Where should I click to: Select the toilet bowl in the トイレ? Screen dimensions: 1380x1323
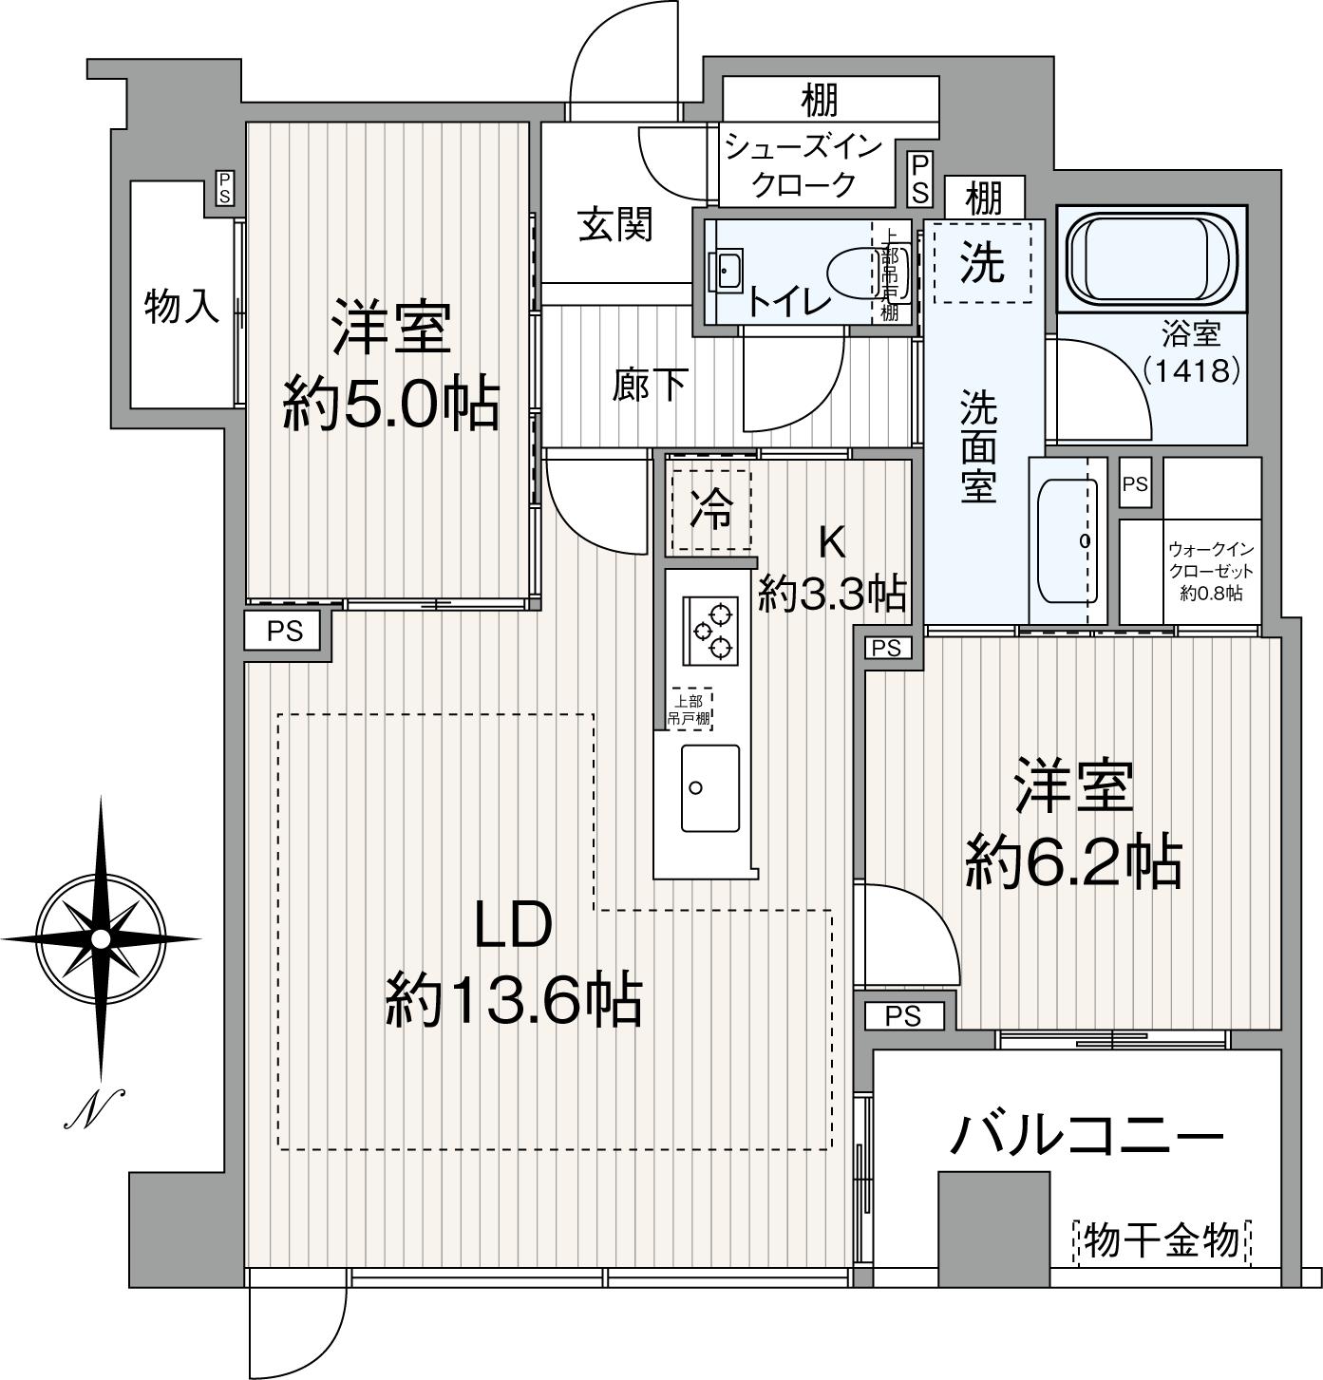click(854, 273)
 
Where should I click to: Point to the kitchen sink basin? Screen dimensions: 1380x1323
click(709, 787)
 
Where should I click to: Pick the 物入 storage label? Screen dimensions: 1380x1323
click(181, 306)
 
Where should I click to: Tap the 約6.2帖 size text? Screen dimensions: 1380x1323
click(1073, 862)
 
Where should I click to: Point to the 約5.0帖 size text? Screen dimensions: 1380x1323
click(390, 405)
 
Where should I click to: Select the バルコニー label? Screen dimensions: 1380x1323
click(1087, 1135)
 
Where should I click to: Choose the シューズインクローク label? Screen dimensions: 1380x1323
click(803, 165)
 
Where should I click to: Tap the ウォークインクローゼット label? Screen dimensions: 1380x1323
click(1211, 571)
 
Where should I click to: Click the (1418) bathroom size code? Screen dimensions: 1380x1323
click(1191, 369)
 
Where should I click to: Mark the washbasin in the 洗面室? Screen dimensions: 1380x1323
click(1068, 540)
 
